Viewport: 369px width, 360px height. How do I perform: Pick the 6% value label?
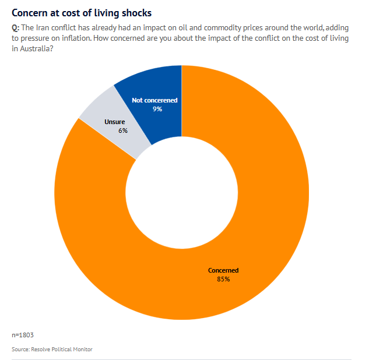tap(122, 130)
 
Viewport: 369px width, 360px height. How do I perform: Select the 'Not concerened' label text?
tap(154, 100)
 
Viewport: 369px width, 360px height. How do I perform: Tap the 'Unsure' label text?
tap(114, 122)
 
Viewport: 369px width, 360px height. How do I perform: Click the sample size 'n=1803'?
tap(23, 335)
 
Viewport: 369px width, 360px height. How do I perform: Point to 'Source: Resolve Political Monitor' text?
tap(52, 349)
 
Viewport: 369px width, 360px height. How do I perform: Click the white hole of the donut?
tap(181, 192)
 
